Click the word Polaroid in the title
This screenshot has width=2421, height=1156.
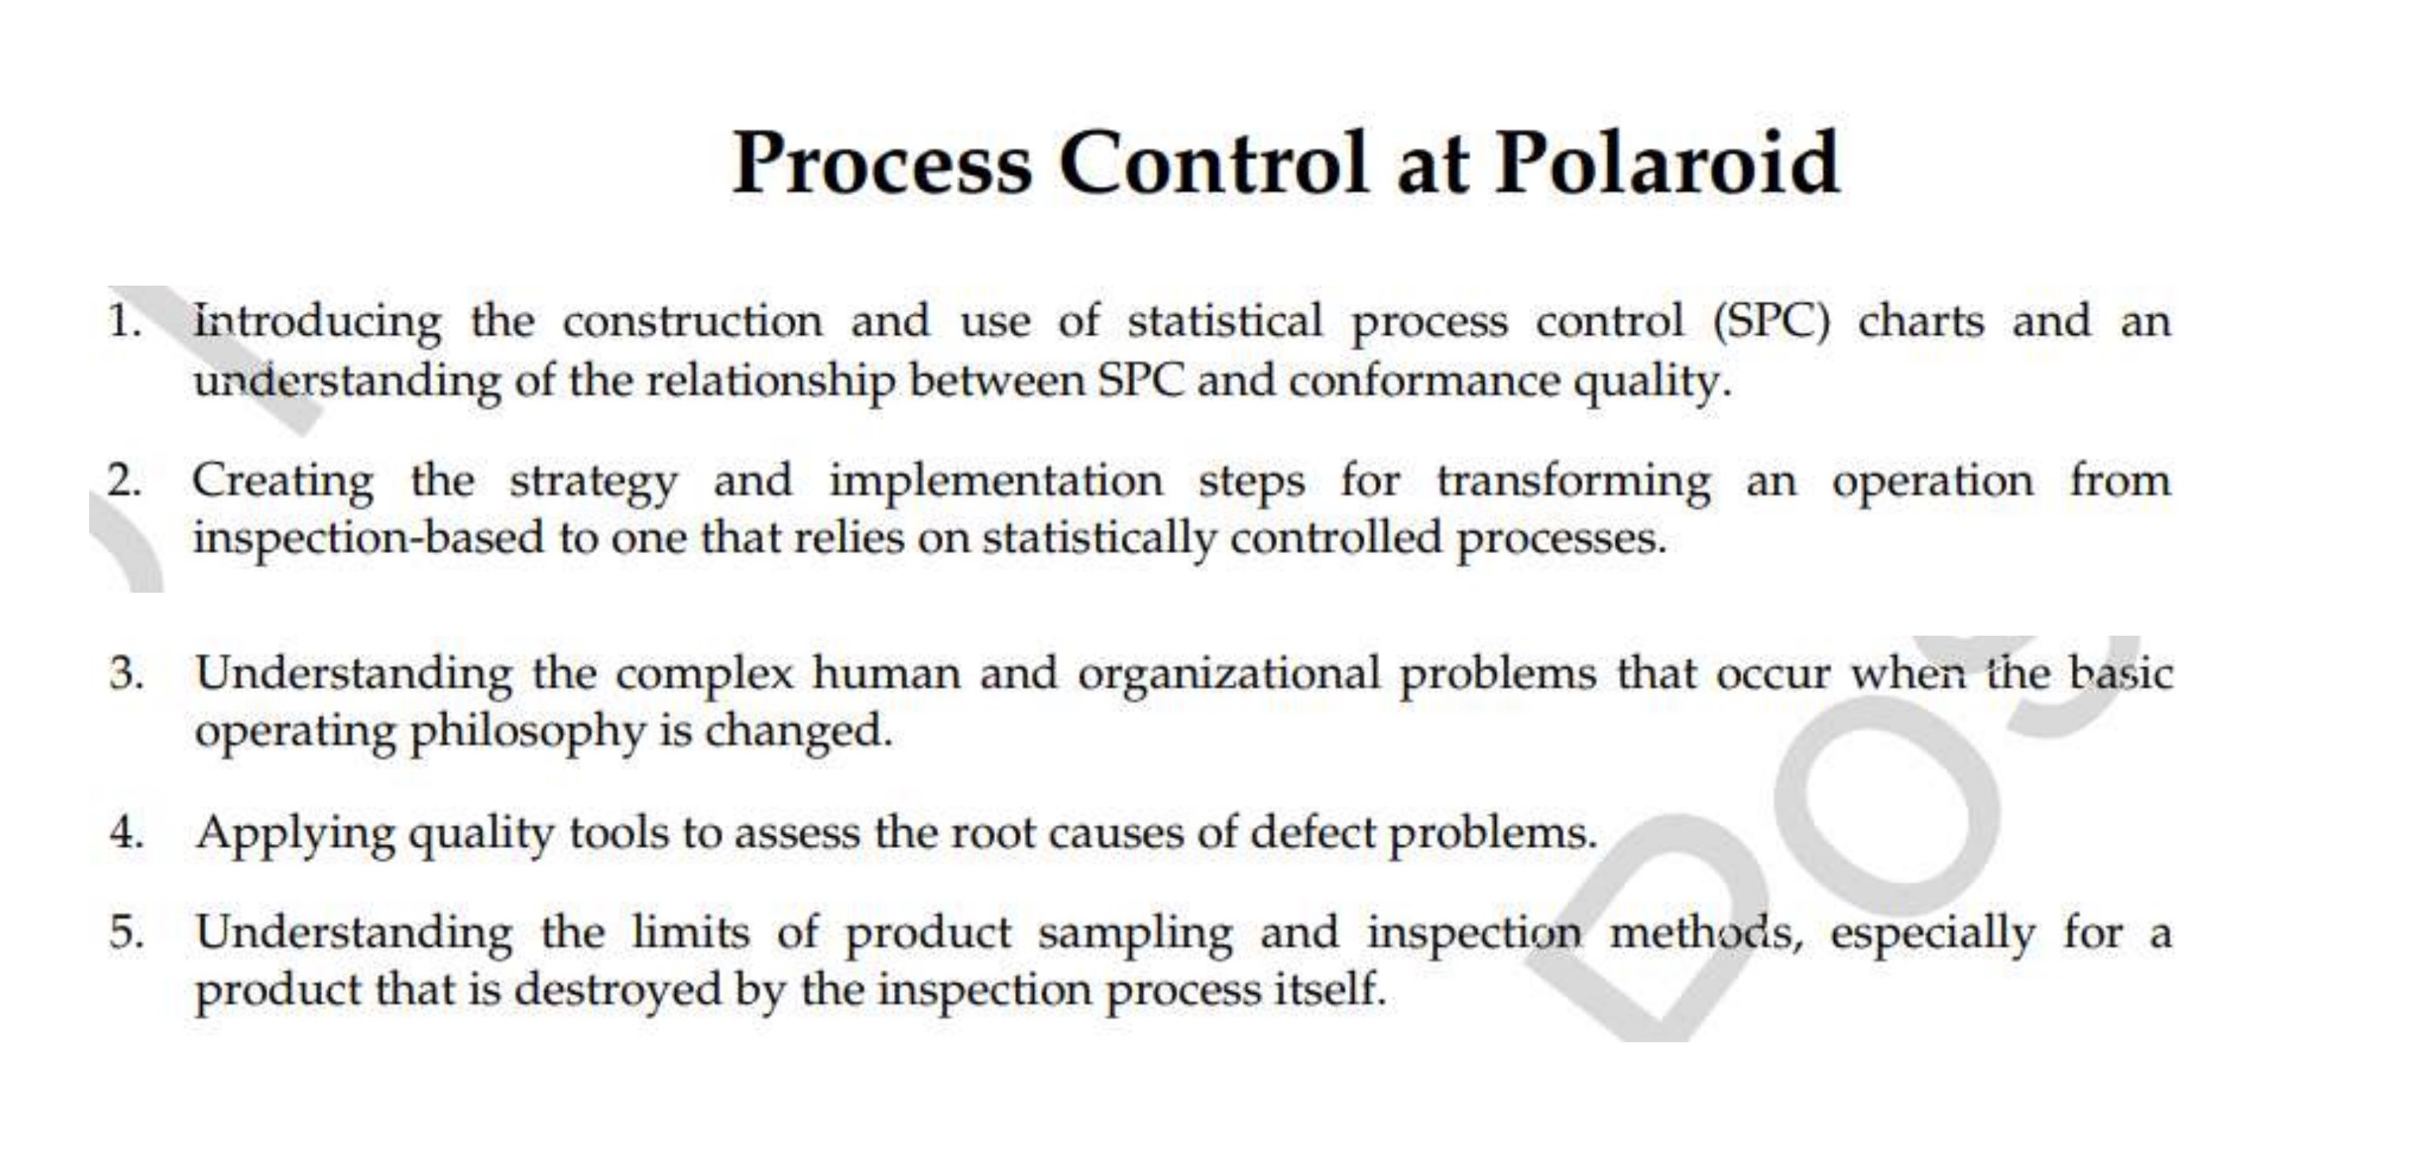pos(1666,165)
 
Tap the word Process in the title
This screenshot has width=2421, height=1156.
pos(881,165)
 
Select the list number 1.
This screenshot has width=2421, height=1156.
pos(123,321)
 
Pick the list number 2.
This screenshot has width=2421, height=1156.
pos(123,481)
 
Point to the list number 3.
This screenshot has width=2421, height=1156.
pos(126,674)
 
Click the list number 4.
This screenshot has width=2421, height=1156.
pos(126,833)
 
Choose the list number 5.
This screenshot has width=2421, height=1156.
pos(126,932)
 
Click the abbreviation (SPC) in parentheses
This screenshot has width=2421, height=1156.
pos(1770,321)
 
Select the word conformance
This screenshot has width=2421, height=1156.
pos(1424,382)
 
